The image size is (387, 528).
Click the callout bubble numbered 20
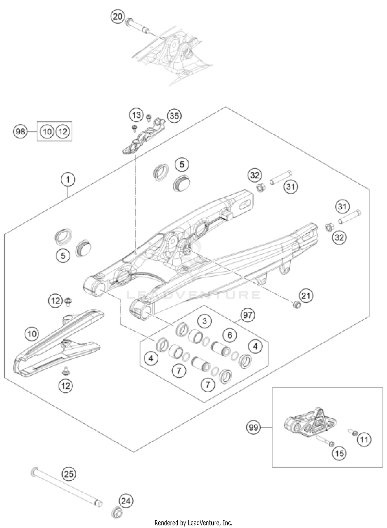coord(118,17)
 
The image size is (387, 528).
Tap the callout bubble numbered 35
coord(174,116)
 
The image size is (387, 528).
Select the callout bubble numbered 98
coord(20,132)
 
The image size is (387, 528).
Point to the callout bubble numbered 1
coord(68,179)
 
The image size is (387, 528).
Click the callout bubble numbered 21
coord(306,295)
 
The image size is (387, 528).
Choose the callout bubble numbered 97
coord(248,315)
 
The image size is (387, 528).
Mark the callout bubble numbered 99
coord(253,427)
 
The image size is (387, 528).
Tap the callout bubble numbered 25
coord(69,474)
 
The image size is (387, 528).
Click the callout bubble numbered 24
coord(126,501)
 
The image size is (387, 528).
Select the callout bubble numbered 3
coord(205,321)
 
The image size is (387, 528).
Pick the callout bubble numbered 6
coord(230,335)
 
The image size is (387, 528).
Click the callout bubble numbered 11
coord(364,439)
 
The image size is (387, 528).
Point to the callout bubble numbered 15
coord(339,453)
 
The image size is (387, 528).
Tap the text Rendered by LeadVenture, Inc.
coord(193,523)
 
